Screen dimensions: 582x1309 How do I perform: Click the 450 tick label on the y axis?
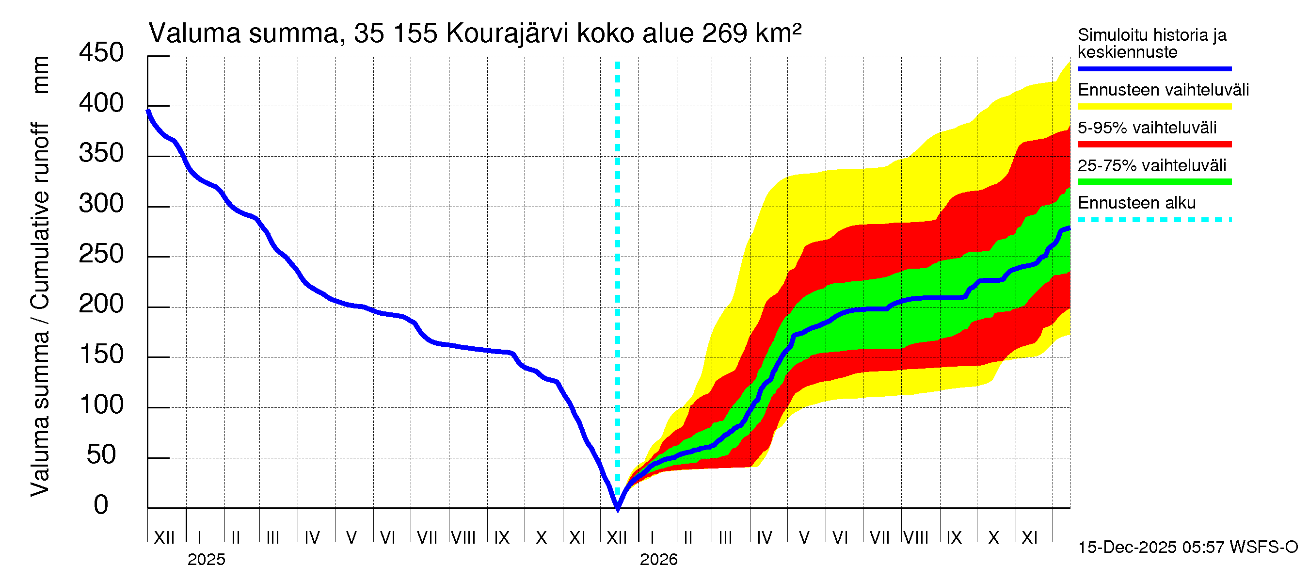pos(101,53)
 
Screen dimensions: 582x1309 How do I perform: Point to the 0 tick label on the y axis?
pos(101,505)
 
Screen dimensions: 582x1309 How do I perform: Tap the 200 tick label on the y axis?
pos(101,304)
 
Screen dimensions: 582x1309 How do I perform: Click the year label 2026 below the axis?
pos(658,560)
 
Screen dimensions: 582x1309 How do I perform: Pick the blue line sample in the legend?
pos(1154,68)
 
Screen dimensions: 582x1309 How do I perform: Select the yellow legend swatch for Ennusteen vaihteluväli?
pos(1154,107)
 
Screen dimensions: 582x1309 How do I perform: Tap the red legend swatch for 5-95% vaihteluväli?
pos(1154,145)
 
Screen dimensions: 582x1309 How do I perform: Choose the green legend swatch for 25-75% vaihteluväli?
pos(1154,182)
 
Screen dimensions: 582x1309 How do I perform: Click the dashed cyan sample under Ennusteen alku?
pos(1154,220)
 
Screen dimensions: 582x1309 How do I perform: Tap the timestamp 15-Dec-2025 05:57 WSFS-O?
pos(1187,548)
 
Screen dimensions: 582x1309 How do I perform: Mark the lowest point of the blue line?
pos(617,508)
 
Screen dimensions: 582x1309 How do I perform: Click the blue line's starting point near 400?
pos(148,111)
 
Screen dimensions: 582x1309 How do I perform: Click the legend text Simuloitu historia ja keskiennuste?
pos(1151,43)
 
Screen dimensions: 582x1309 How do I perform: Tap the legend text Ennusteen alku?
pos(1136,203)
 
